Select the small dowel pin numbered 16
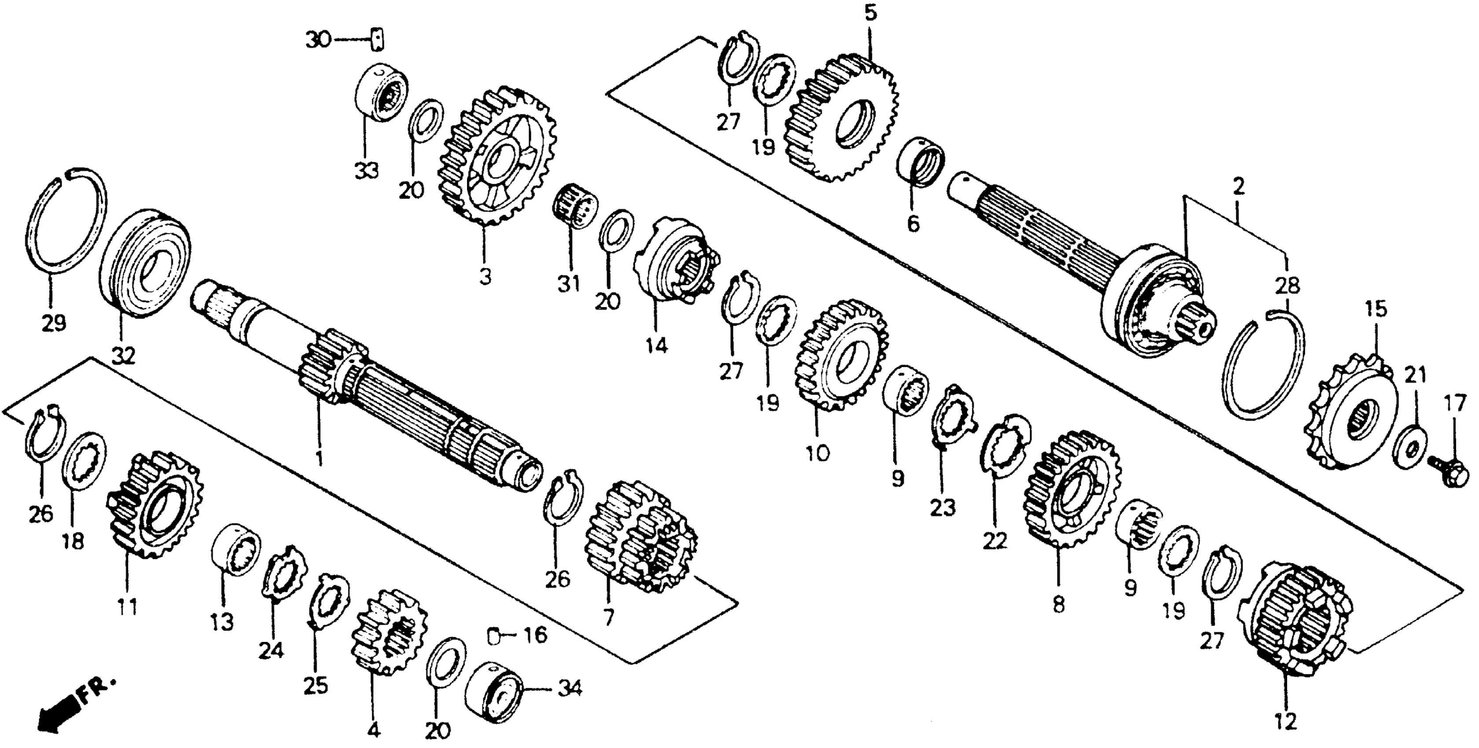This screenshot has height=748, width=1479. pyautogui.click(x=492, y=635)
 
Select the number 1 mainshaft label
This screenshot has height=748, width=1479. pyautogui.click(x=319, y=458)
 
